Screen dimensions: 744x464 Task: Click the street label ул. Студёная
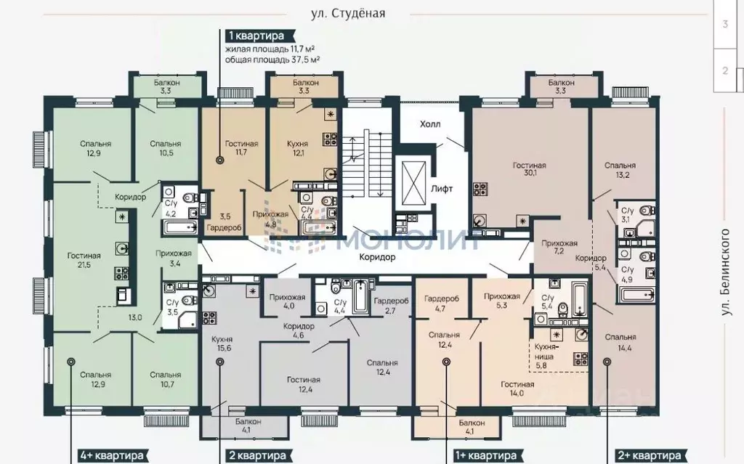348,13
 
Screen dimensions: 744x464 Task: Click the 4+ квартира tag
111,456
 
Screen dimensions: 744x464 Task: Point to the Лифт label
442,188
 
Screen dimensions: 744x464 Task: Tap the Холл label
430,124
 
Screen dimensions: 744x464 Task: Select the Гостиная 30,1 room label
530,170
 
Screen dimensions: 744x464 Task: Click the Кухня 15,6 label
222,343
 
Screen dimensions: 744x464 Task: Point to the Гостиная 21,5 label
84,260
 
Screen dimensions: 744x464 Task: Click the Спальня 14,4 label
620,341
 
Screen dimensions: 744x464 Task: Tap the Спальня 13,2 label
620,170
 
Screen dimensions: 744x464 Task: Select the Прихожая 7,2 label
559,247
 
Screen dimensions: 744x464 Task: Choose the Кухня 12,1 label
297,148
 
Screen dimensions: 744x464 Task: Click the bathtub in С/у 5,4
579,299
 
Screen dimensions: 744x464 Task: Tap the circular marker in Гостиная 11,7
219,160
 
